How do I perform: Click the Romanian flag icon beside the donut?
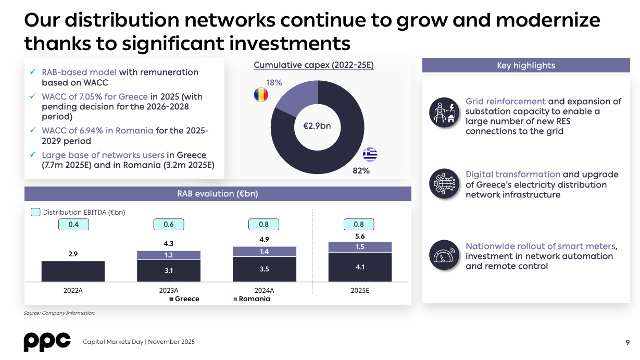click(x=261, y=95)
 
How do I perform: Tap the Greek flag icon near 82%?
click(x=370, y=155)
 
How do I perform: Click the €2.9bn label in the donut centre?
click(x=317, y=126)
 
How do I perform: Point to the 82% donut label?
click(x=361, y=170)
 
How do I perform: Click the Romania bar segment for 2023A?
click(x=169, y=255)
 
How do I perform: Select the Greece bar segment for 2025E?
click(x=360, y=267)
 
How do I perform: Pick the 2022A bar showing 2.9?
click(x=73, y=271)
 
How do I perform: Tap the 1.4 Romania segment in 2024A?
click(x=264, y=252)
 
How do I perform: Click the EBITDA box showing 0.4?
click(x=73, y=225)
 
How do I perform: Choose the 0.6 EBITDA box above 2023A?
click(x=169, y=225)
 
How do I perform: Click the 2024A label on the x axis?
click(x=264, y=290)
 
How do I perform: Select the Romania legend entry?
click(x=252, y=299)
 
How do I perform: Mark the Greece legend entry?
click(x=184, y=299)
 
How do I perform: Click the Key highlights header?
click(x=526, y=66)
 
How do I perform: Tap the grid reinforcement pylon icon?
click(x=444, y=112)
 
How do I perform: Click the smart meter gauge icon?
click(x=444, y=255)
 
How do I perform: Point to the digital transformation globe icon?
click(x=444, y=183)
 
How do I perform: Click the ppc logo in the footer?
click(x=47, y=341)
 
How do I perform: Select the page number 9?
click(x=628, y=342)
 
